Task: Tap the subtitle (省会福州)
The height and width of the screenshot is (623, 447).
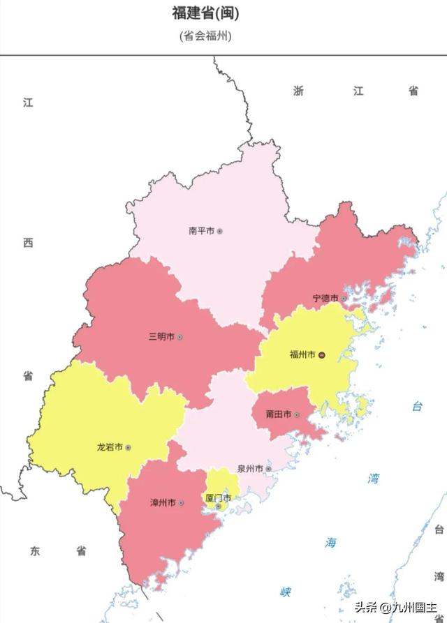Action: tap(205, 36)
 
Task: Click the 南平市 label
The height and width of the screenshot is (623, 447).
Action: tap(201, 231)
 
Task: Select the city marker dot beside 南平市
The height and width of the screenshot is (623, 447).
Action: tap(219, 231)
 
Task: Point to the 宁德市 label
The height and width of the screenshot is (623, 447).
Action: tap(325, 299)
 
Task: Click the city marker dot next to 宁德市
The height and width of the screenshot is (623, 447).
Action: tap(344, 299)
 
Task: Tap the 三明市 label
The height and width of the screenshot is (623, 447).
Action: tap(161, 337)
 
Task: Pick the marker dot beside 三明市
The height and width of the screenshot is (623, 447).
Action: tap(179, 337)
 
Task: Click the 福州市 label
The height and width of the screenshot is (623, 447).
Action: tap(303, 354)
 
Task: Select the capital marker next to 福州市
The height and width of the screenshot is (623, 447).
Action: tap(322, 355)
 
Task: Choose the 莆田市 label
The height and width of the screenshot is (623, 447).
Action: tap(278, 414)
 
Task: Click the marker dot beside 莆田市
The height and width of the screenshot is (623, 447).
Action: tap(296, 414)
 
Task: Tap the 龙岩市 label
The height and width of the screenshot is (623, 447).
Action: tap(110, 447)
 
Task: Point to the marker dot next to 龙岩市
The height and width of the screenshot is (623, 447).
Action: tap(128, 447)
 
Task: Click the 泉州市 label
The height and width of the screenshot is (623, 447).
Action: tap(249, 469)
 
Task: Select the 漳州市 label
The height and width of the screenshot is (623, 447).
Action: tap(163, 502)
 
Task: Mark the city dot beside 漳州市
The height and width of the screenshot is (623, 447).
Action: tap(181, 502)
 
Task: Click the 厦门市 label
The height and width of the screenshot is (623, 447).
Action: tap(218, 498)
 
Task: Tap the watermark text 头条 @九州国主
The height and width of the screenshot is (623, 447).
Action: tap(396, 606)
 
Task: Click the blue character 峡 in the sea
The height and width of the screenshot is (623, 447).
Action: tap(286, 592)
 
